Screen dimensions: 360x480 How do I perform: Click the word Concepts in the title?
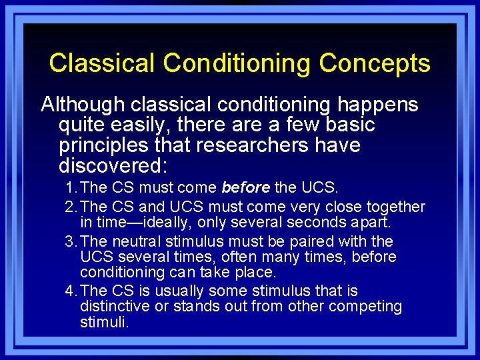[374, 63]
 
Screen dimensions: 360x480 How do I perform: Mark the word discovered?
[113, 165]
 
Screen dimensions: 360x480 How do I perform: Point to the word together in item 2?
[393, 207]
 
